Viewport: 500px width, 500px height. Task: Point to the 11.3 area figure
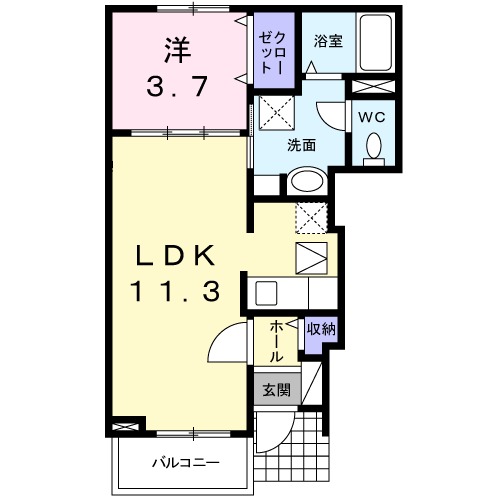coord(176,293)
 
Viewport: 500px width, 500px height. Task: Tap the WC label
coord(374,116)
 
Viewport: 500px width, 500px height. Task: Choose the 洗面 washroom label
coord(302,145)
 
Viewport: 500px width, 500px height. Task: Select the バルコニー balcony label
coord(186,463)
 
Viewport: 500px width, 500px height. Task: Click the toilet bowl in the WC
coord(375,148)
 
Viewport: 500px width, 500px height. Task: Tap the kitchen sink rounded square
coord(267,294)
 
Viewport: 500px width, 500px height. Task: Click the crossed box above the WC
coord(374,87)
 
